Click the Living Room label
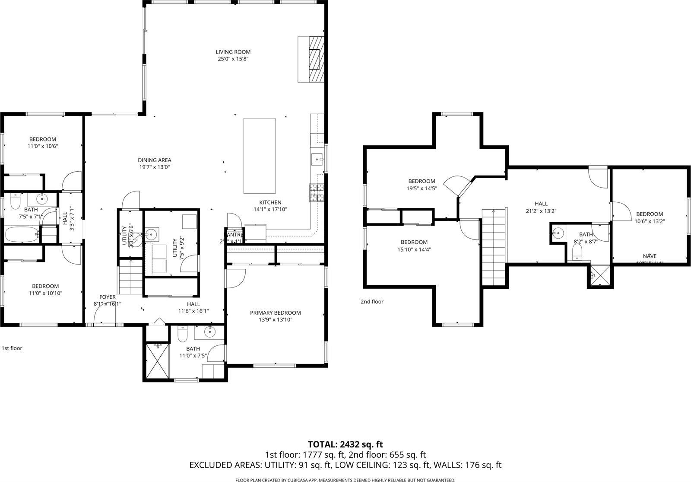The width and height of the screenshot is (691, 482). click(x=233, y=52)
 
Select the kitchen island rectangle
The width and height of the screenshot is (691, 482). click(x=259, y=156)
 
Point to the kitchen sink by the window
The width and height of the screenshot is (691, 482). click(x=317, y=160)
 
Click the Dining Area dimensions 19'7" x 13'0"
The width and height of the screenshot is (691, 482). click(x=155, y=167)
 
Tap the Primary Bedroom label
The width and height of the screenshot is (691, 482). click(x=275, y=313)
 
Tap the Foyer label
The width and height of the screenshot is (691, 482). click(x=108, y=297)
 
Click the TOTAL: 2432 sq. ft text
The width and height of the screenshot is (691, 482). click(x=345, y=444)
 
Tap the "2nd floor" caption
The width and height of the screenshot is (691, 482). click(x=372, y=302)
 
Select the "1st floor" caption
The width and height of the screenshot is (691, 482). click(x=12, y=348)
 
